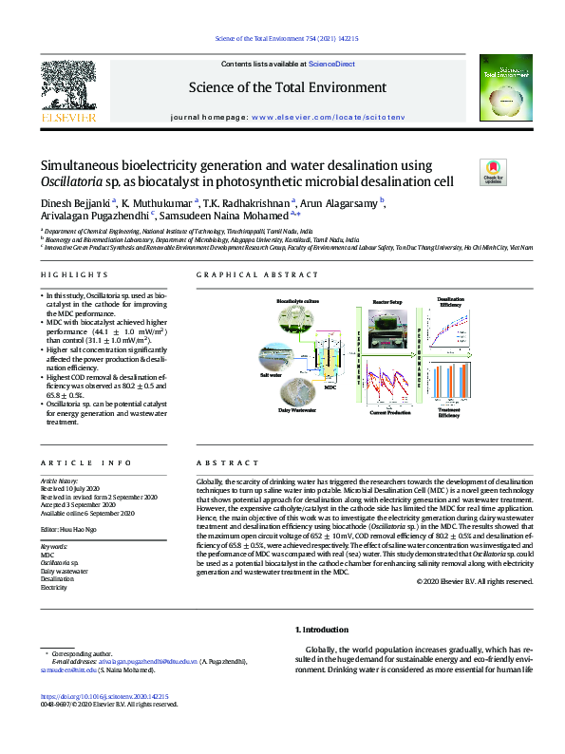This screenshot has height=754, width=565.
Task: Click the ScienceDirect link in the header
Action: click(x=332, y=64)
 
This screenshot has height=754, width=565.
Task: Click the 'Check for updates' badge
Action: click(x=494, y=172)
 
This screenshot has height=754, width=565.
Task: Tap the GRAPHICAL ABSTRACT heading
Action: click(x=257, y=275)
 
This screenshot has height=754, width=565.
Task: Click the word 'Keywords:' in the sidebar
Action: click(x=54, y=548)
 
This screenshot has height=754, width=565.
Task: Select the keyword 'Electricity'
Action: click(x=53, y=588)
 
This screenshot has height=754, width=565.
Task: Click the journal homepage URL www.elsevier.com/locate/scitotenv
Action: click(x=323, y=114)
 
